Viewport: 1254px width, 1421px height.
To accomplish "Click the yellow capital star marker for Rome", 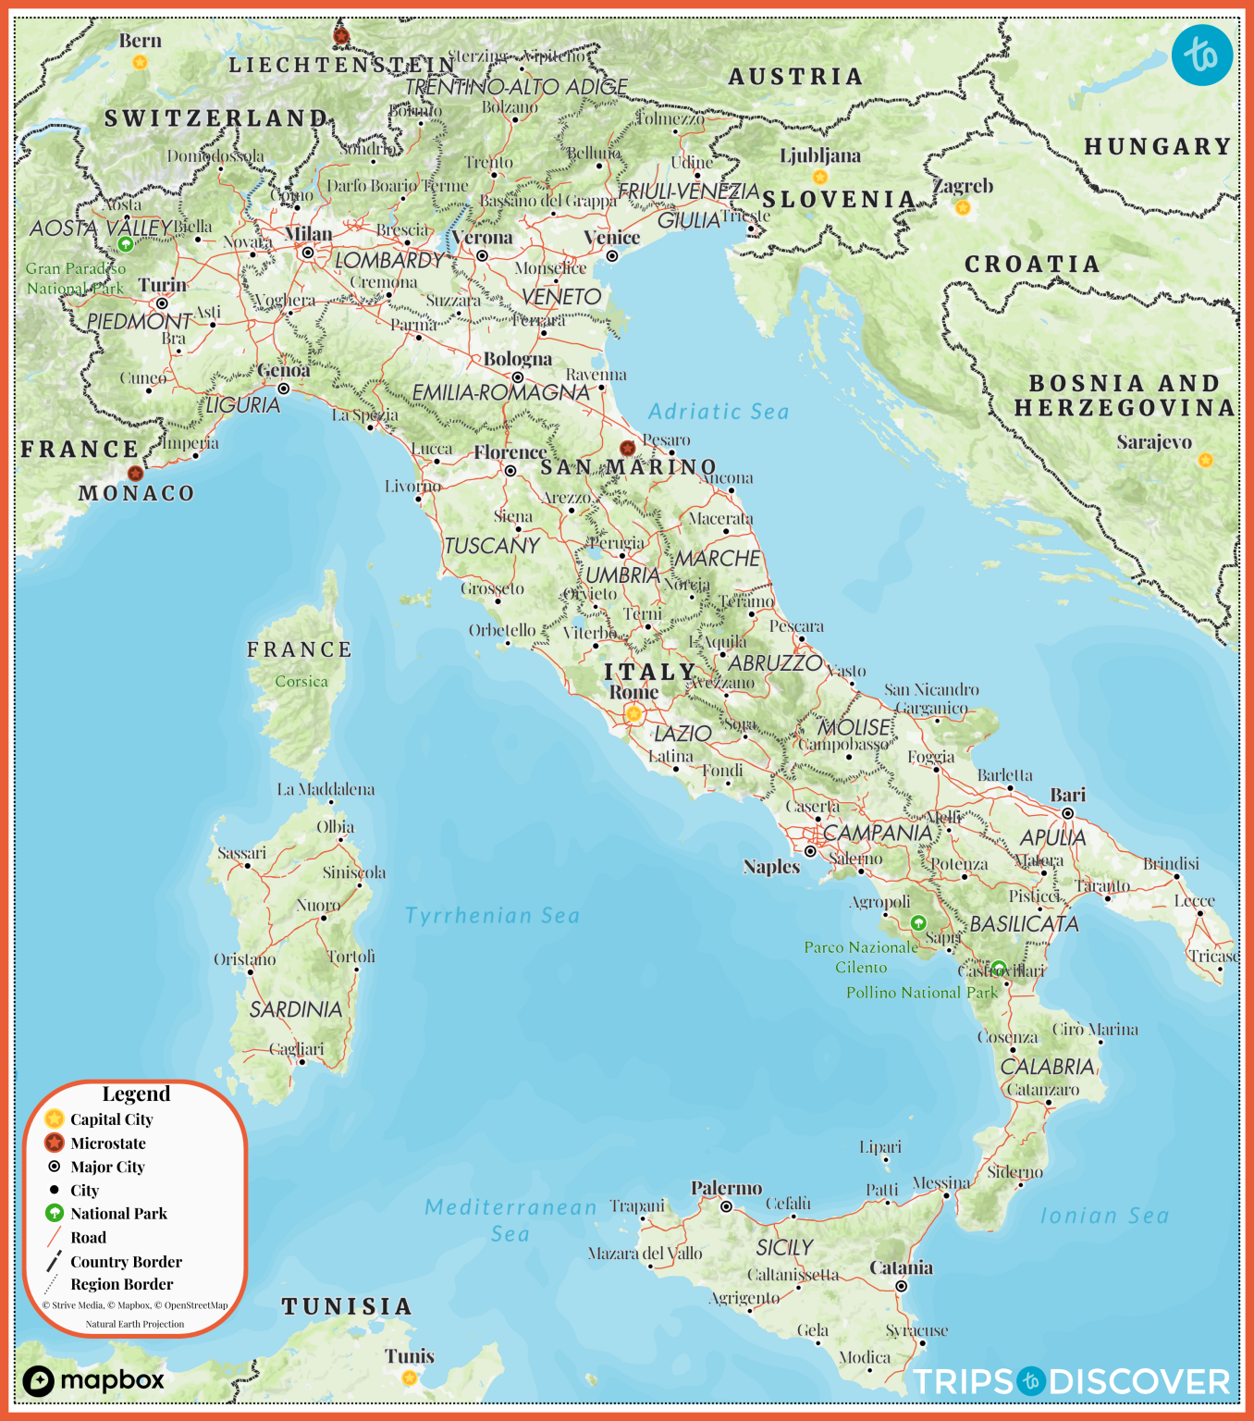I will tap(633, 713).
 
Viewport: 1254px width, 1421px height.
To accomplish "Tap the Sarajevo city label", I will tap(1153, 442).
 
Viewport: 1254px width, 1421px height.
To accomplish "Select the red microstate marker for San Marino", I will tap(627, 448).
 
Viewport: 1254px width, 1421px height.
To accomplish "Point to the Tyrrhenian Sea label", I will tap(492, 916).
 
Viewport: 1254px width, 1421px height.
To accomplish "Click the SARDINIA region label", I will tap(295, 1009).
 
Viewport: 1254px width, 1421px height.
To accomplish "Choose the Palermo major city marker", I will tap(727, 1206).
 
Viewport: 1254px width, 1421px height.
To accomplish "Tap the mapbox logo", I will tap(93, 1381).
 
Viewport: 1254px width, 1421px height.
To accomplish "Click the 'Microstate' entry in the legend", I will tap(107, 1143).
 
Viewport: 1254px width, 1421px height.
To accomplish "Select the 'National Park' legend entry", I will tap(118, 1214).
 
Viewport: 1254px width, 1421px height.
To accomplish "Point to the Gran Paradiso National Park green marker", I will tap(126, 244).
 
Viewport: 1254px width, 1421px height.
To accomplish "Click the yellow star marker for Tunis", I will tap(409, 1378).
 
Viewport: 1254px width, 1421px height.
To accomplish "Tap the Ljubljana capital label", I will tap(819, 155).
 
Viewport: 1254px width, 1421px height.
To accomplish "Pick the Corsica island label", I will tap(301, 682).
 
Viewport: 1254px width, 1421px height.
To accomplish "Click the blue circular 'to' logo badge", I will tap(1201, 56).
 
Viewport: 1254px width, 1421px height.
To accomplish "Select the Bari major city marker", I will tap(1067, 813).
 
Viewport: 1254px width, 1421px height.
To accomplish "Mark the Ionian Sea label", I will tap(1104, 1216).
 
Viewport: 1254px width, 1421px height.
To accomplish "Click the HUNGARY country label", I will tap(1157, 146).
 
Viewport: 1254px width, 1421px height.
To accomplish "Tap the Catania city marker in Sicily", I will tap(901, 1286).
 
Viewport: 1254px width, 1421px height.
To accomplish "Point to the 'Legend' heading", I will tap(136, 1094).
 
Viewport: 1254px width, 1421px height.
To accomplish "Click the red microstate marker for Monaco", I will tap(136, 473).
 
